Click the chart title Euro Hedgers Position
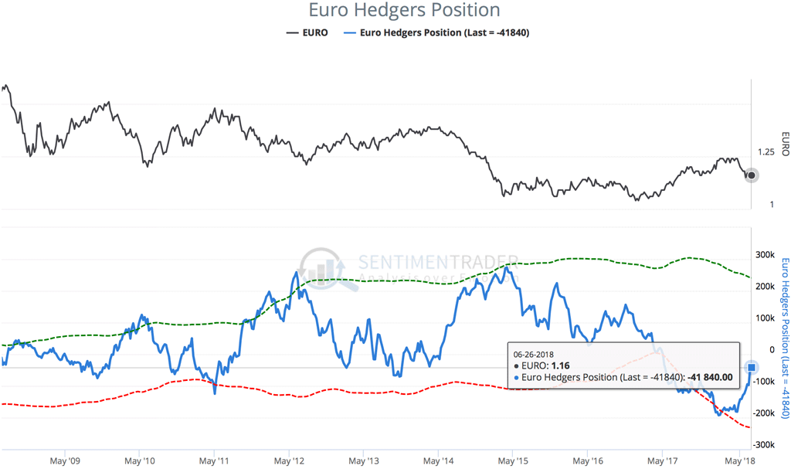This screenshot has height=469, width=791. [x=404, y=11]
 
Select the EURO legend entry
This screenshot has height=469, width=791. [x=307, y=32]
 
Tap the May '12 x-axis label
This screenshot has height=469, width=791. [x=288, y=461]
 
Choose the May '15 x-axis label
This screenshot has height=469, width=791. [x=514, y=461]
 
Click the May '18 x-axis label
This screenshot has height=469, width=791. [x=738, y=461]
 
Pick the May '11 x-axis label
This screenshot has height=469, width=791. [x=213, y=461]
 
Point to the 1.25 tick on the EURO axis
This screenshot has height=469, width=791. [x=766, y=152]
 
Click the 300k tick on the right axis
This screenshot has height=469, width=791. [x=765, y=255]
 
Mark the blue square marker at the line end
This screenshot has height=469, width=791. [x=752, y=367]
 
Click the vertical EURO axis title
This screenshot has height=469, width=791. [x=784, y=142]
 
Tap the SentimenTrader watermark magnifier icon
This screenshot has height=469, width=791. [x=324, y=270]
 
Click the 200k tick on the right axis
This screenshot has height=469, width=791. [x=765, y=287]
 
